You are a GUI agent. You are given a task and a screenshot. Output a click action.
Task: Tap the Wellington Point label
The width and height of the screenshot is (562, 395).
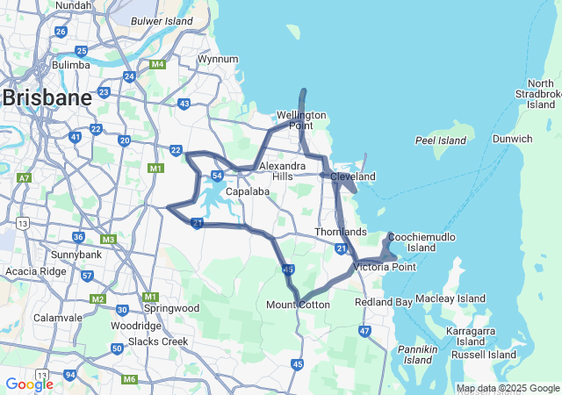click(301, 121)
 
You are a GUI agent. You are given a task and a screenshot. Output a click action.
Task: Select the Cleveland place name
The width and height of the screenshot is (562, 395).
click(353, 176)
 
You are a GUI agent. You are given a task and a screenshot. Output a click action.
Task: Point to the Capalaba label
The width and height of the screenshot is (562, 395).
click(247, 190)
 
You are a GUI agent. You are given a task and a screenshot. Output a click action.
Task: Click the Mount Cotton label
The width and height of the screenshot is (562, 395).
click(298, 305)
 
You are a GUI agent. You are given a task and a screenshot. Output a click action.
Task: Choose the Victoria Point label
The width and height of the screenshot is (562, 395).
click(385, 266)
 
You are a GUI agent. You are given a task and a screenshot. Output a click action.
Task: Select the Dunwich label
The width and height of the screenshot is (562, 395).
click(512, 139)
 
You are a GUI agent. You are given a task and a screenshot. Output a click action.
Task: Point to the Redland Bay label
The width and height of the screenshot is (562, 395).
click(383, 302)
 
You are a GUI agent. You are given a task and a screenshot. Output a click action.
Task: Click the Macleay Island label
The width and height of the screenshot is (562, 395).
click(450, 298)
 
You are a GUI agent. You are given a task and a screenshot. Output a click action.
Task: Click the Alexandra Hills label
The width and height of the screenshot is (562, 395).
click(283, 170)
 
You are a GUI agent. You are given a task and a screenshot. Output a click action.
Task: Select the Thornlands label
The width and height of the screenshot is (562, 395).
click(341, 232)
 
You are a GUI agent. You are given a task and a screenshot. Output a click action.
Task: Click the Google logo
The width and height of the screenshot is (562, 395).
click(29, 384)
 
